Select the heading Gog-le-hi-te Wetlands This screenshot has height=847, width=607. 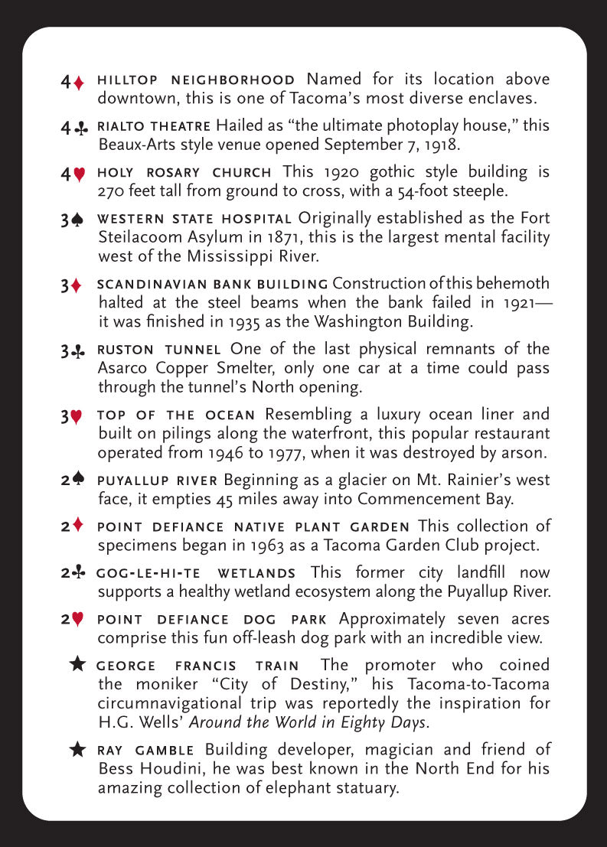tap(196, 573)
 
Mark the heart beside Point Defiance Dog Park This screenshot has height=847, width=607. tap(78, 621)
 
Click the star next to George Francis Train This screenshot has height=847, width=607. tap(78, 664)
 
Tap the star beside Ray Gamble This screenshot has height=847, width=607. tap(78, 750)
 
